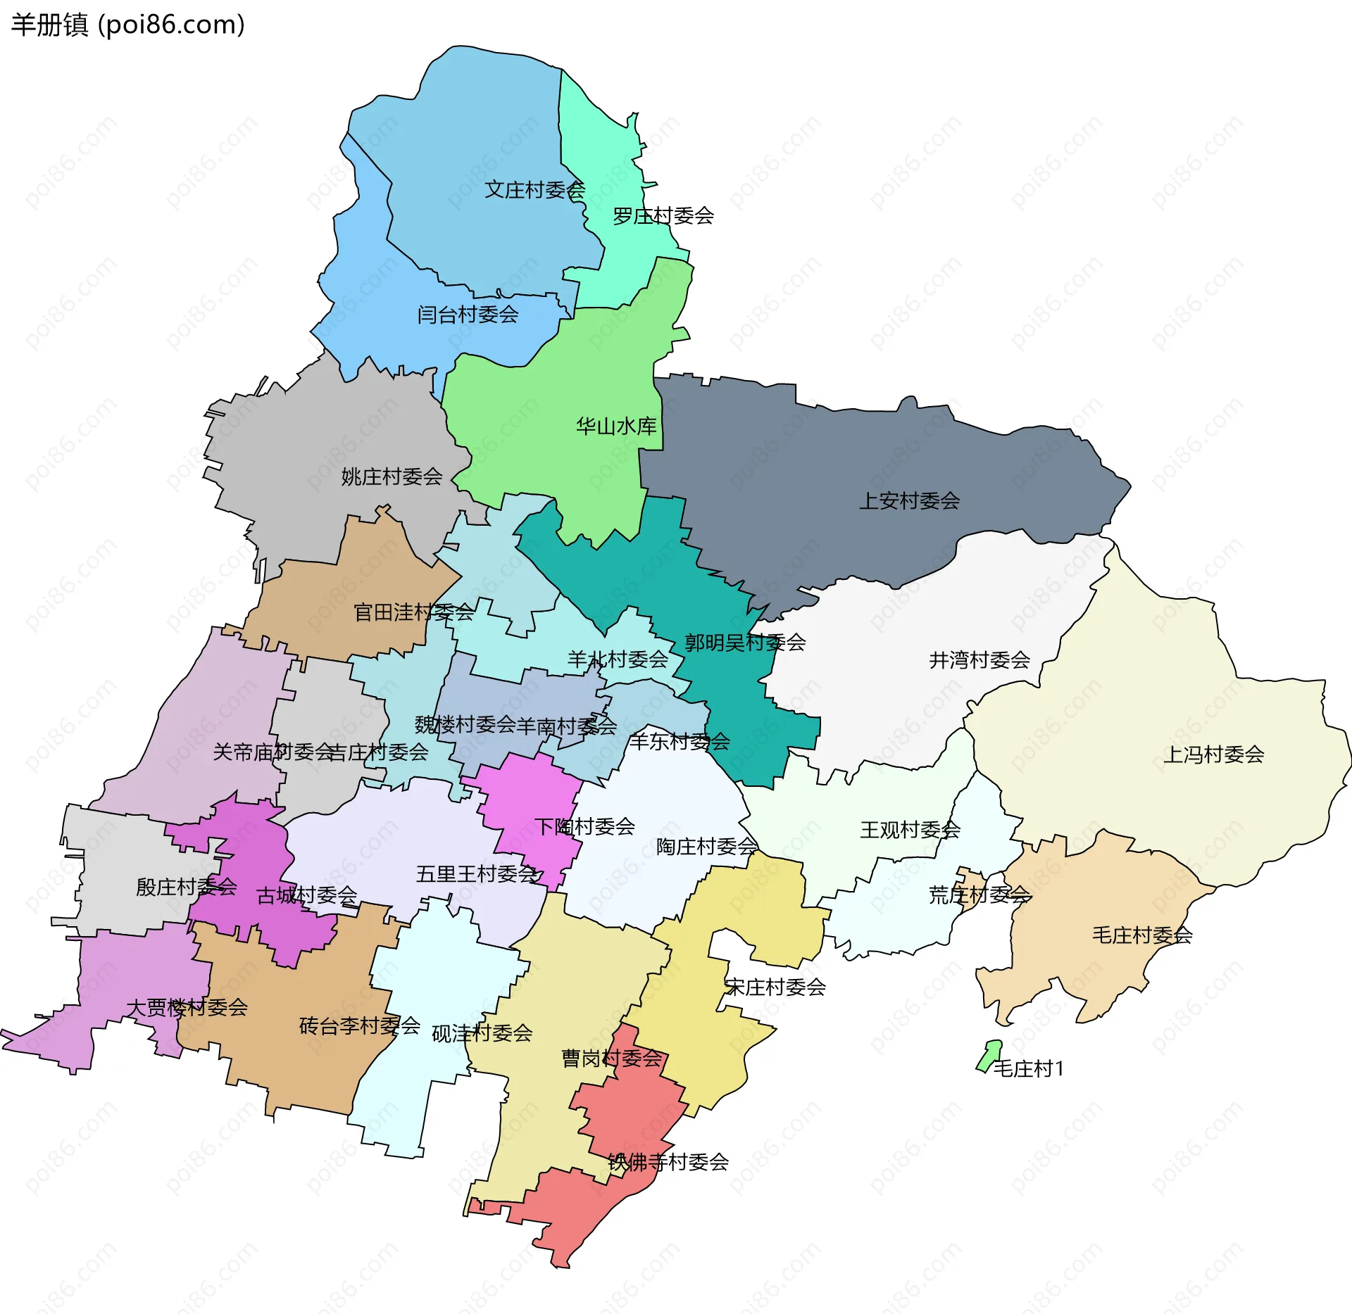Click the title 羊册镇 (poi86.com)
click(x=128, y=25)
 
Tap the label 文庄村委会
click(x=534, y=190)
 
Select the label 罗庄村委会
click(x=663, y=216)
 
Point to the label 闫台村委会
click(x=468, y=315)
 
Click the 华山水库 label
click(x=616, y=427)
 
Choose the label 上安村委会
click(x=909, y=501)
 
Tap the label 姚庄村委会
click(x=392, y=477)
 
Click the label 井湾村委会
click(x=979, y=660)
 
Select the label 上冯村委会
click(x=1213, y=755)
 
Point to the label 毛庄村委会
click(x=1141, y=935)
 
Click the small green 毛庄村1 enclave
click(x=989, y=1055)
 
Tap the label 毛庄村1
click(x=1028, y=1069)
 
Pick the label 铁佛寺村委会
click(x=668, y=1162)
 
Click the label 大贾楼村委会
click(x=187, y=1008)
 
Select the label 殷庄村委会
click(x=187, y=887)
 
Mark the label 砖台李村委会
click(x=359, y=1026)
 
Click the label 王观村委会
click(x=910, y=830)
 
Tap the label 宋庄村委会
click(x=775, y=987)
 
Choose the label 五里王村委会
click(x=477, y=874)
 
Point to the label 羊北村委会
click(x=618, y=660)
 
